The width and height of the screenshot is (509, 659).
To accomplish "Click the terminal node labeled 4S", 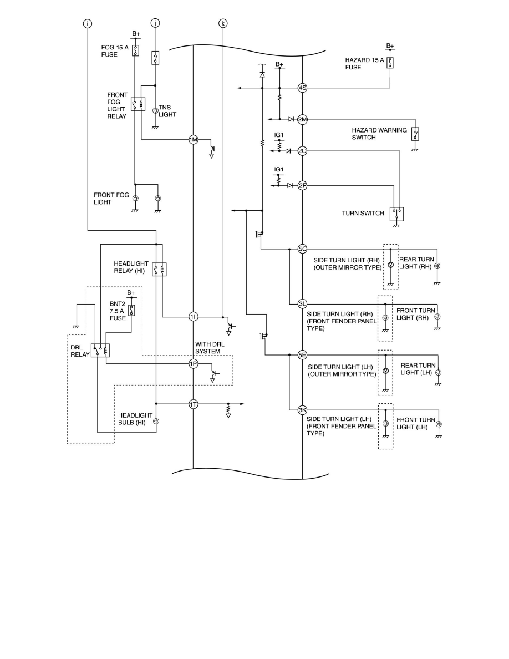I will (x=302, y=88).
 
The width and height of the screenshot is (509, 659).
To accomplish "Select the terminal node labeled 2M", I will (x=302, y=119).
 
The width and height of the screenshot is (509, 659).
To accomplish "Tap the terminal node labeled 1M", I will (x=193, y=140).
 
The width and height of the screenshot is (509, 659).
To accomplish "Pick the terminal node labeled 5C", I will (x=302, y=249).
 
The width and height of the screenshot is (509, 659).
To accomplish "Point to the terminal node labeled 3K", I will (x=302, y=410).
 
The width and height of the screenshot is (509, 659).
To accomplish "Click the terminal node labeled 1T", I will (x=193, y=404).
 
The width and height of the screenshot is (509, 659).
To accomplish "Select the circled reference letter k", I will (x=223, y=23).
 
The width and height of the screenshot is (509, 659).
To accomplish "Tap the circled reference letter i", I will (x=88, y=23).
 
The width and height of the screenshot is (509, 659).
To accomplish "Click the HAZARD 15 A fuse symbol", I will (x=390, y=62).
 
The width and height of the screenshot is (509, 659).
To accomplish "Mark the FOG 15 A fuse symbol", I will (x=135, y=51).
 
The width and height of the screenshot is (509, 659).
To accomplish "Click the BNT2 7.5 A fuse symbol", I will (x=131, y=310).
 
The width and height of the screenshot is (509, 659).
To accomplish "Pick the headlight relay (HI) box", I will (x=159, y=270).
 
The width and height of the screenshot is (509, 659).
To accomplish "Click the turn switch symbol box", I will (x=396, y=214).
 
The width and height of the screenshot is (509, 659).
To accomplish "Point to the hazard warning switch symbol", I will (x=415, y=134).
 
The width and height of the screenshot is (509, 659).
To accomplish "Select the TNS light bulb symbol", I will (x=155, y=111).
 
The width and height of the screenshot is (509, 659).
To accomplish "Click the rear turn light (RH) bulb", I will (x=437, y=266).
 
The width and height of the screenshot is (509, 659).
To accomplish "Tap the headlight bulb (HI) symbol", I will (x=156, y=421).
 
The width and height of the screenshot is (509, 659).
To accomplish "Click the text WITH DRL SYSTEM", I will (x=208, y=347).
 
